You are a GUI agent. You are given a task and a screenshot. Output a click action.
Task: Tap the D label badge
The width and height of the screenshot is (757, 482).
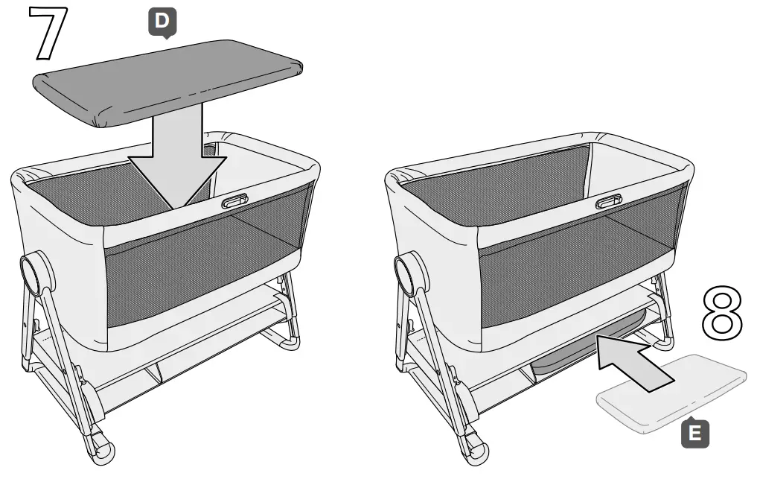click(x=161, y=23)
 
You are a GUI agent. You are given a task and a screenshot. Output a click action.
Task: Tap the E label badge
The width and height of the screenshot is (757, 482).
click(x=695, y=434)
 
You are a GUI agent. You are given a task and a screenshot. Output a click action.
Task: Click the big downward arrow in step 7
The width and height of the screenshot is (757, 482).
click(x=176, y=156)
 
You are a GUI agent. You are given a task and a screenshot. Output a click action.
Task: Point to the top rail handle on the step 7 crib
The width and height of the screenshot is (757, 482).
click(x=234, y=201)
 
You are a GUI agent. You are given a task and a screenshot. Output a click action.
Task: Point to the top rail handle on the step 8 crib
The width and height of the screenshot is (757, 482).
click(x=609, y=201)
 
